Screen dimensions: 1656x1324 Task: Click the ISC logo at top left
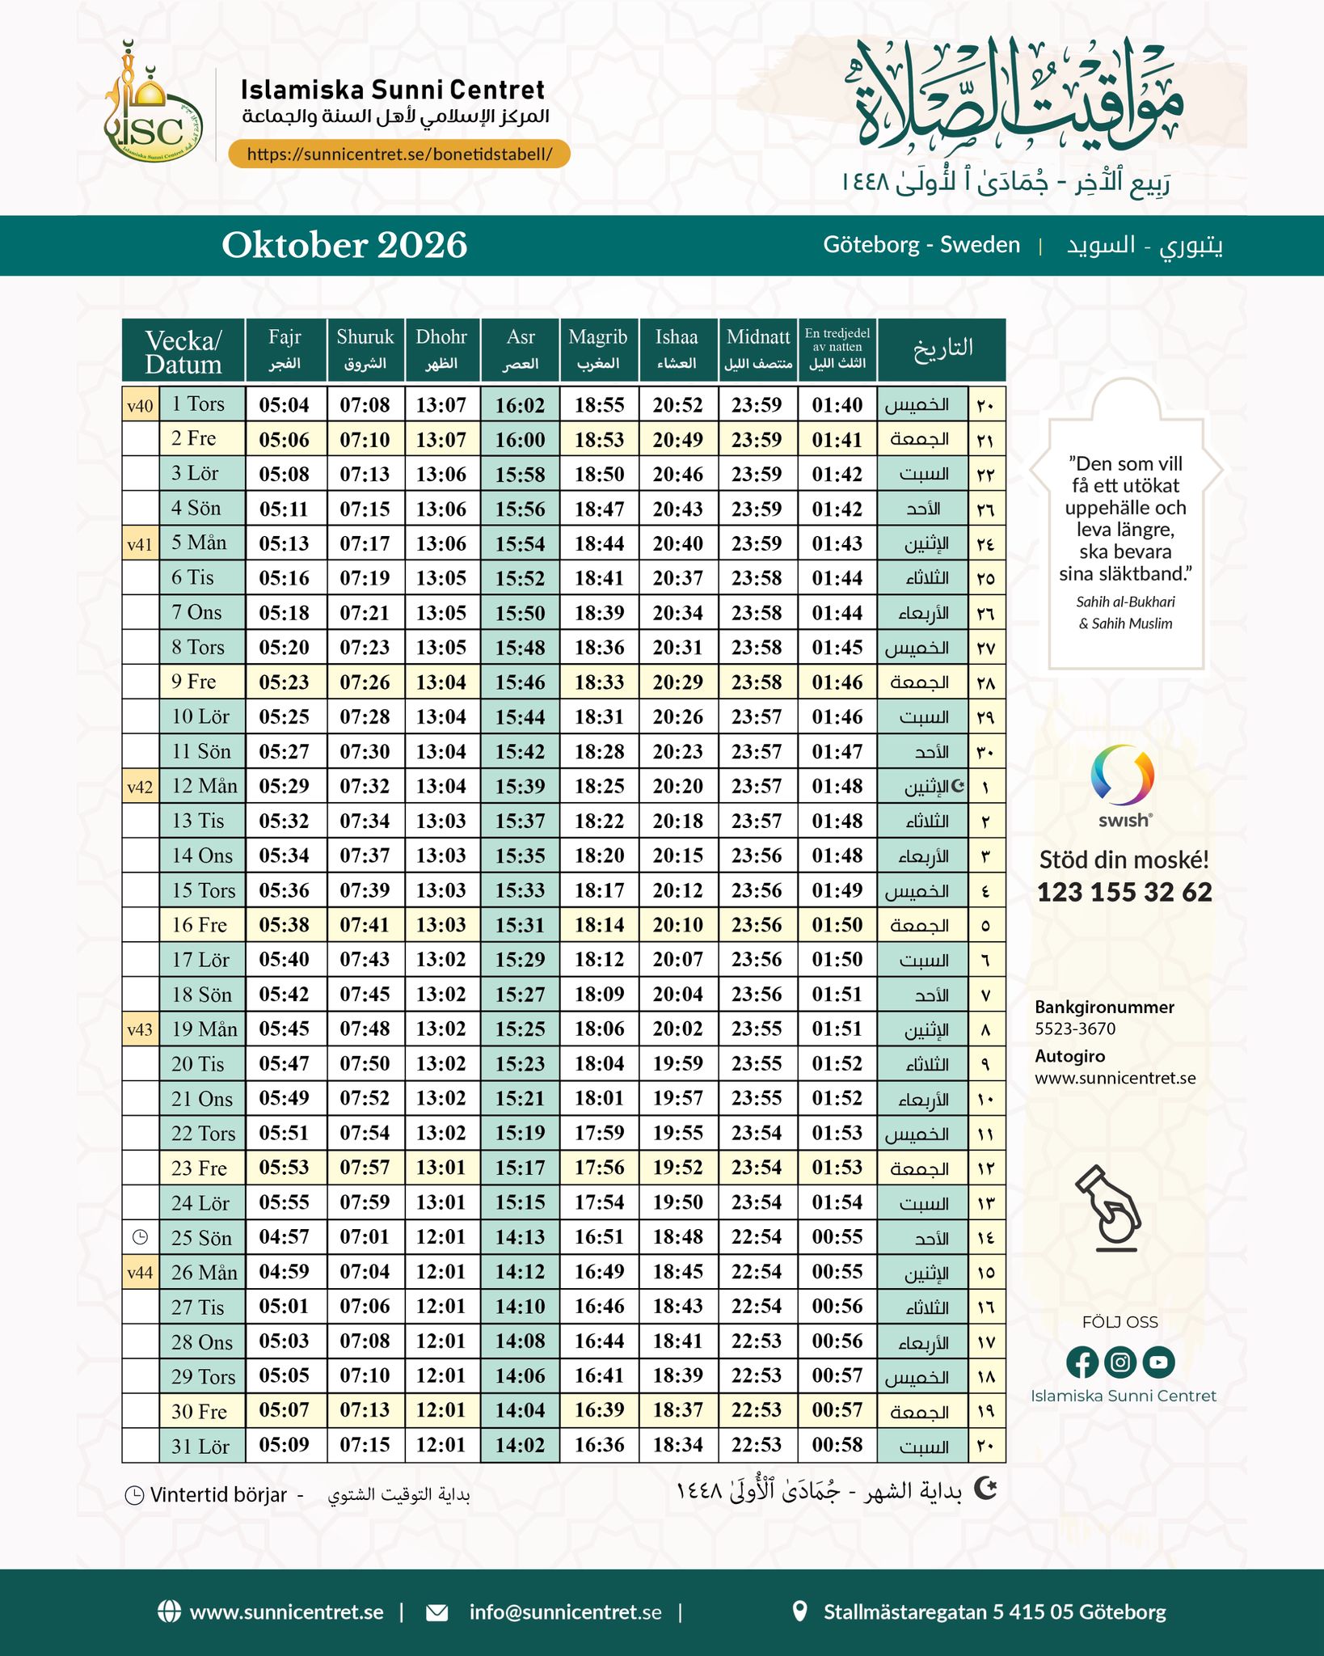coord(154,105)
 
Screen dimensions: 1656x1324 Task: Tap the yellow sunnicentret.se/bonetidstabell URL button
coord(399,154)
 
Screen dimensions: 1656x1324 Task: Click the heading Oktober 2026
coord(344,245)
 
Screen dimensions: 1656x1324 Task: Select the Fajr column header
coord(285,349)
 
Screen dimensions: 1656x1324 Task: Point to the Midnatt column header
coord(757,349)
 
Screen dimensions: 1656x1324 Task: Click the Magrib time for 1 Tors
coord(599,405)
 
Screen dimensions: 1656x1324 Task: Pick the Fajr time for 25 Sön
coord(285,1237)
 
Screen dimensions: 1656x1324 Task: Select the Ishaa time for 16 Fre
coord(677,925)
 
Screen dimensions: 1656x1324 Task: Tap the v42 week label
coord(140,787)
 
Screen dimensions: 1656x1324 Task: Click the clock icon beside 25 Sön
coord(140,1237)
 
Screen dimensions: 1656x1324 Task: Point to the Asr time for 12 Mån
coord(520,787)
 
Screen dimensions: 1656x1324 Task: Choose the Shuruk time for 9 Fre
coord(365,682)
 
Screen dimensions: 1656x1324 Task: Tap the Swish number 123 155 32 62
coord(1124,892)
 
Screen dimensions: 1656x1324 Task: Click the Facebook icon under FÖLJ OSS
coord(1082,1362)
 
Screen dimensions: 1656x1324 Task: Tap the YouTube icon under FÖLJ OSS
coord(1158,1362)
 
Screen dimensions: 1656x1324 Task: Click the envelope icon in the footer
coord(436,1612)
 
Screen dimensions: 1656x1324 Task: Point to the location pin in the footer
coord(799,1611)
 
